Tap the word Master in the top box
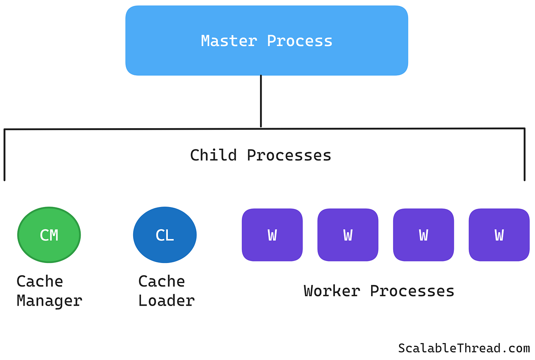pos(228,41)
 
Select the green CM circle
pos(49,235)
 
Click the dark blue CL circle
pos(165,235)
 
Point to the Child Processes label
pos(260,155)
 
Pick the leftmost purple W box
pos(272,235)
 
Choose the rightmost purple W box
pos(499,235)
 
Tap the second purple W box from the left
pos(348,235)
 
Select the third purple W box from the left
pos(424,235)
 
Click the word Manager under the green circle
pos(49,301)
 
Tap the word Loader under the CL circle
pos(166,301)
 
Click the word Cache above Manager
pos(40,282)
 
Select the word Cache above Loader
pos(162,282)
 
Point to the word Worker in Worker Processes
pos(332,291)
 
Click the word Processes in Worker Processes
pos(412,291)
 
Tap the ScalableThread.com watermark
pos(464,349)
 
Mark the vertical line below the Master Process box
pos(261,101)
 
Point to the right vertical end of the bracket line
pos(524,155)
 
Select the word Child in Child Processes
pos(213,155)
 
